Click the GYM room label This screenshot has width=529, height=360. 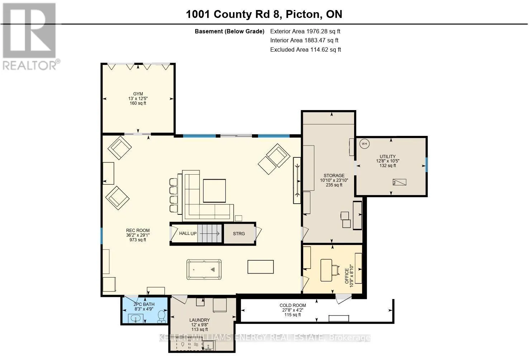(x=138, y=94)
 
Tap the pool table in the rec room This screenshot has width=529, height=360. (x=204, y=269)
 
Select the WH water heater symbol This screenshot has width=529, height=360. (x=364, y=144)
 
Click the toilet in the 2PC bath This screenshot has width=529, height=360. (x=162, y=316)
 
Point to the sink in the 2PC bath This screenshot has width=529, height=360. (x=135, y=318)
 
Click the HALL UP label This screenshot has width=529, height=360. (x=188, y=233)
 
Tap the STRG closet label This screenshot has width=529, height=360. (x=239, y=234)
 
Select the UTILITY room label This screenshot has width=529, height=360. (x=387, y=156)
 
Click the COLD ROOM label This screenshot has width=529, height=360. (x=292, y=305)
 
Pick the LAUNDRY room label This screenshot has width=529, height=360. (x=200, y=320)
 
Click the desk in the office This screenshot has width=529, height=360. (x=326, y=270)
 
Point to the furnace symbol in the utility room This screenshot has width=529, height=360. (x=399, y=182)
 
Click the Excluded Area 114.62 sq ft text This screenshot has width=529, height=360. (x=306, y=49)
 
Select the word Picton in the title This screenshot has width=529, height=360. (x=302, y=14)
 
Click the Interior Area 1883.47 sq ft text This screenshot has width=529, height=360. (x=304, y=41)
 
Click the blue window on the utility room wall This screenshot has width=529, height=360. (x=426, y=165)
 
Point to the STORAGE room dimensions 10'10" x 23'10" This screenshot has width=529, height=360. (x=334, y=180)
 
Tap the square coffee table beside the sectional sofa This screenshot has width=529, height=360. (x=214, y=191)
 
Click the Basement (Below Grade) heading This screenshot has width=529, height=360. (x=229, y=32)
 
